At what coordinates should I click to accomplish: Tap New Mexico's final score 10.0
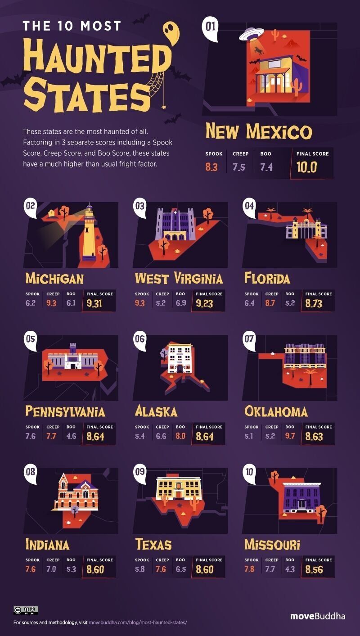[x=307, y=167]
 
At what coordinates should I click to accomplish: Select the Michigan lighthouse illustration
[x=89, y=234]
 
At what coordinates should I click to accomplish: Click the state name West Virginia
[x=179, y=279]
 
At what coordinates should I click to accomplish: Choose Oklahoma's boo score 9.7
[x=291, y=437]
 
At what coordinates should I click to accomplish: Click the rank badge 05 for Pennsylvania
[x=31, y=339]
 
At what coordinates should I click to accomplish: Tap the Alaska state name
[x=156, y=411]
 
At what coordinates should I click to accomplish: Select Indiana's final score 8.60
[x=95, y=569]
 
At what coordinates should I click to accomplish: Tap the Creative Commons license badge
[x=26, y=610]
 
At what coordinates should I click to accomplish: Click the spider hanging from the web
[x=161, y=108]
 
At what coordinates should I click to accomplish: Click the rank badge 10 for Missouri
[x=250, y=472]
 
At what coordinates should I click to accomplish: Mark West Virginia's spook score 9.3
[x=140, y=304]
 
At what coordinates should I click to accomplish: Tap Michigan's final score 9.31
[x=95, y=304]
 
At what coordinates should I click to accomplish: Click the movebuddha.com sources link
[x=137, y=623]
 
